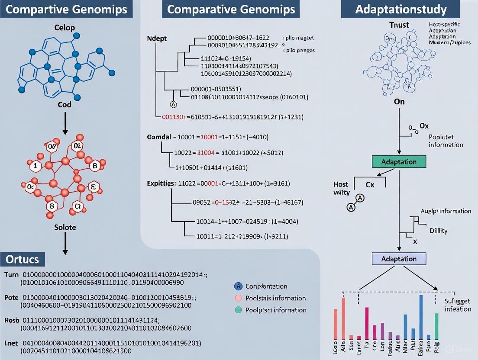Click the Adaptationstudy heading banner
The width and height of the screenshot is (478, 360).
400,9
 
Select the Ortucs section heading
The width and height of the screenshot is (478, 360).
22,259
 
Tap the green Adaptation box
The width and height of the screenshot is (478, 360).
399,162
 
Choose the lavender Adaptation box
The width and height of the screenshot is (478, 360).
399,259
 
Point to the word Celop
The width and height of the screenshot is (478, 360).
65,28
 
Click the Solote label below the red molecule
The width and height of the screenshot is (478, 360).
65,227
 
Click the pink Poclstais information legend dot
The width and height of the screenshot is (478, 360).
237,298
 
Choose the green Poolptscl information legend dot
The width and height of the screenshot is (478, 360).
237,310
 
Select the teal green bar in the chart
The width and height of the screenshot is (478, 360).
436,325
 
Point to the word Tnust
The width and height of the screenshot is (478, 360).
399,25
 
